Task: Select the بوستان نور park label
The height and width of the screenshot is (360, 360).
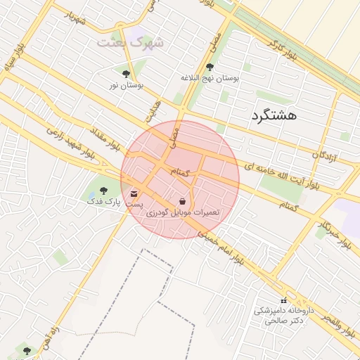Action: (x=126, y=85)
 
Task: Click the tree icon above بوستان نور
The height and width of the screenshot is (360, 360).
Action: (x=126, y=73)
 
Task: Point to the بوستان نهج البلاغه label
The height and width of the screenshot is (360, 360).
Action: (x=210, y=78)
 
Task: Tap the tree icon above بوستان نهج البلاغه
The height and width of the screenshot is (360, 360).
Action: (x=210, y=67)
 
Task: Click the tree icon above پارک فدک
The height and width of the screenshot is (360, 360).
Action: (x=103, y=190)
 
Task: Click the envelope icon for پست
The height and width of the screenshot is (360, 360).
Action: (x=134, y=193)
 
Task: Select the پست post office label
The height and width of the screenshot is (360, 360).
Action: (x=134, y=204)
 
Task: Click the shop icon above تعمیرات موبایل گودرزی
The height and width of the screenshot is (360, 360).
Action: (x=183, y=201)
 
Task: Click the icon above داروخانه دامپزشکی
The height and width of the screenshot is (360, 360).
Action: (x=283, y=300)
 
